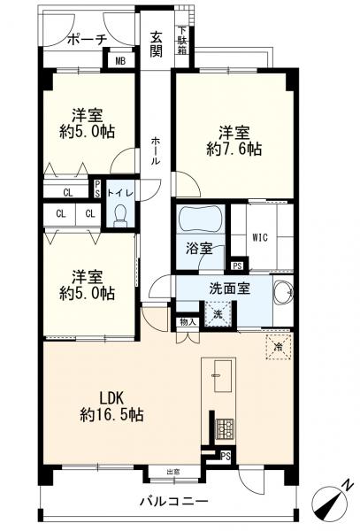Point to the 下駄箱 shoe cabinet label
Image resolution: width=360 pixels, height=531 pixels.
(181, 39)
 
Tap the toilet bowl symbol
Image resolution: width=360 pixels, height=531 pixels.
(119, 215)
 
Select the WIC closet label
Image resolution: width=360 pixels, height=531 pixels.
(259, 237)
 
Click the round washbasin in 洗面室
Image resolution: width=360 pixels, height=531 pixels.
(283, 293)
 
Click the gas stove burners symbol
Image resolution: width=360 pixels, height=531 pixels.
(225, 429)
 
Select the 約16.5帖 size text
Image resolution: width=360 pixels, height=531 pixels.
(111, 414)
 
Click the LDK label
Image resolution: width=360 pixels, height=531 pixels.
(111, 396)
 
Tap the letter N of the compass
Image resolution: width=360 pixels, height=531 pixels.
(348, 485)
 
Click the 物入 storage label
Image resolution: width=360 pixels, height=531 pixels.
(187, 323)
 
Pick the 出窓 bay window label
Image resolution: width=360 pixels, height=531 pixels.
(172, 471)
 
